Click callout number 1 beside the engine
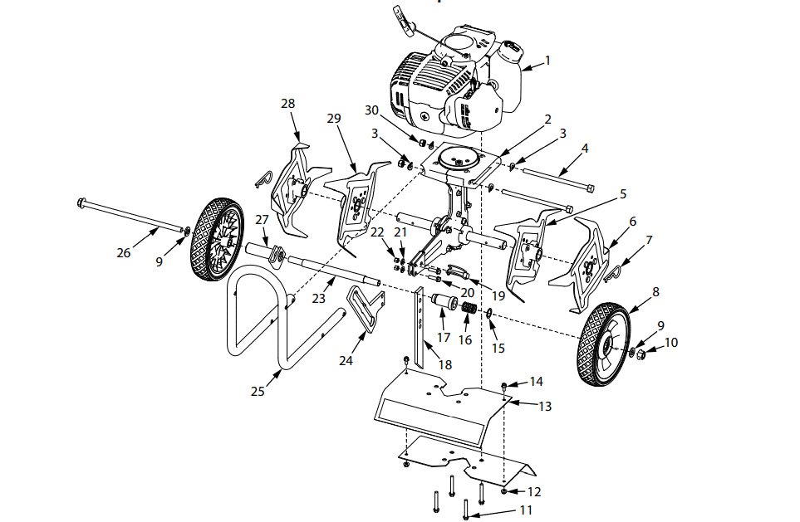(x=547, y=60)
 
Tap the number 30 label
(x=372, y=110)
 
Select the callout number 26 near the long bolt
(x=124, y=252)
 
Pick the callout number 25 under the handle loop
(x=258, y=391)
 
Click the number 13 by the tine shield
(x=545, y=407)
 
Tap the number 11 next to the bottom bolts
(x=527, y=510)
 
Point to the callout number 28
(x=288, y=104)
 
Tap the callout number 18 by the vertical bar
(x=445, y=364)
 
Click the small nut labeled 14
(x=505, y=384)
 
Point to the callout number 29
(x=334, y=120)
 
